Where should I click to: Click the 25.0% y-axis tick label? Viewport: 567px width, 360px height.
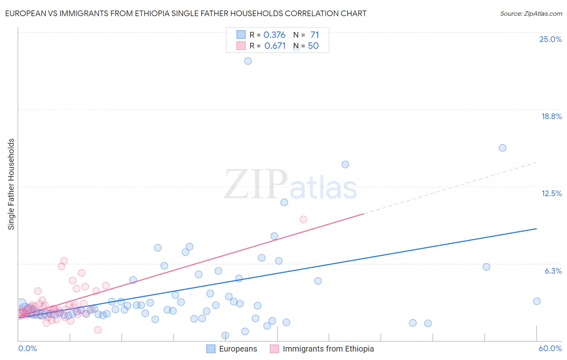tap(550, 39)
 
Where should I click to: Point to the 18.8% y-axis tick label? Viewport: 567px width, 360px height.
tap(551, 116)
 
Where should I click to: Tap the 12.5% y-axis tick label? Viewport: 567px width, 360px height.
tap(551, 193)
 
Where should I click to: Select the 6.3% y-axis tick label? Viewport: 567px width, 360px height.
tap(553, 271)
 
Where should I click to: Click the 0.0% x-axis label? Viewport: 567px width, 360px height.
tap(27, 348)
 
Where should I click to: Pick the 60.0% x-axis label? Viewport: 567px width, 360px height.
tap(550, 348)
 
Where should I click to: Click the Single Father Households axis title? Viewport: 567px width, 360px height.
tap(11, 184)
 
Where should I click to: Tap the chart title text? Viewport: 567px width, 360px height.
tap(186, 13)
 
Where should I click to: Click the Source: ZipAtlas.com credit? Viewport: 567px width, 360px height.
tap(531, 13)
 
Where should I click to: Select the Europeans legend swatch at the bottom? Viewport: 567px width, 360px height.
tap(211, 349)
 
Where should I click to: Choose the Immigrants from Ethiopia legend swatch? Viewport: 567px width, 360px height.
tap(274, 349)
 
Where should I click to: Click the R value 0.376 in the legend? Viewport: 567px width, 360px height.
tap(274, 35)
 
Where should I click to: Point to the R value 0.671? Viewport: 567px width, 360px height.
tap(275, 46)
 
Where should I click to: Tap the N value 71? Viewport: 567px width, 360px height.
tap(315, 35)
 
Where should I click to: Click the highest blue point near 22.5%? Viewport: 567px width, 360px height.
tap(248, 61)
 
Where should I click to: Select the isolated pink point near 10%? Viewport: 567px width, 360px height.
tap(303, 220)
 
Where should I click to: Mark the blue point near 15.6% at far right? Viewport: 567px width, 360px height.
tap(502, 148)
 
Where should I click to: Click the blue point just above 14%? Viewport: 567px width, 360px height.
tap(345, 164)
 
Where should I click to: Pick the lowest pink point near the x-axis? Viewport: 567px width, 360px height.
tap(98, 330)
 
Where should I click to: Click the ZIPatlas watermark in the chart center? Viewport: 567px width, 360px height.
tap(290, 185)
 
